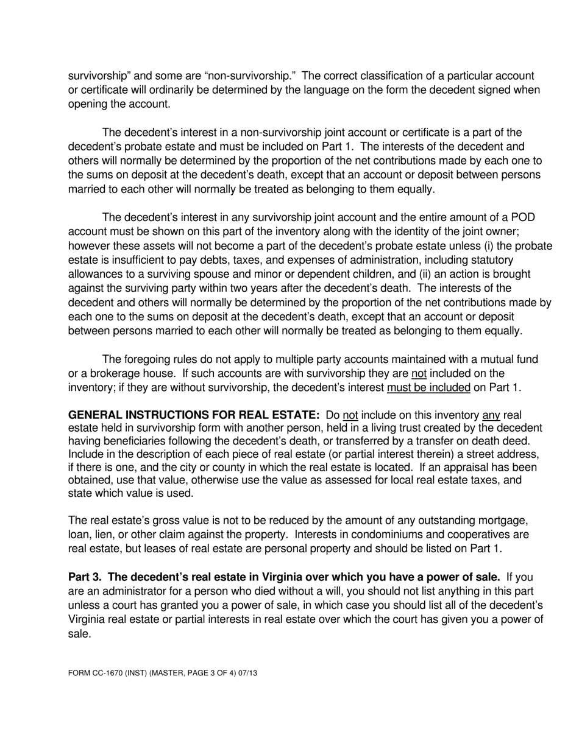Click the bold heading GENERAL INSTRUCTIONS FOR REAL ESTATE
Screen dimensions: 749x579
point(194,415)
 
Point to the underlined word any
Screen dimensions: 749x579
point(491,415)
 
